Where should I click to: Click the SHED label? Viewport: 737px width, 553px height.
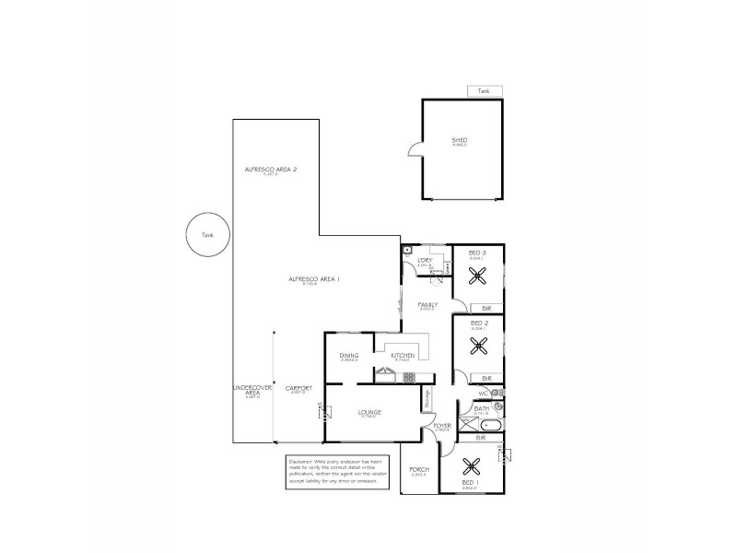coord(460,140)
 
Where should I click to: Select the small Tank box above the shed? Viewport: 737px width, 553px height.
coord(485,91)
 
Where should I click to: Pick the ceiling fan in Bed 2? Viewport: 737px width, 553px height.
coord(479,346)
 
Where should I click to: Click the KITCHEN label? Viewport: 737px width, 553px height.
coord(403,355)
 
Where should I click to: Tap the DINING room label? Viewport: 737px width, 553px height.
coord(349,355)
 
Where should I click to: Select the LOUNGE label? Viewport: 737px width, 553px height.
coord(369,412)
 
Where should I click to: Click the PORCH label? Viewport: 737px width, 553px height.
coord(419,469)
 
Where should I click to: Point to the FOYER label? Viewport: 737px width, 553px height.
coord(442,426)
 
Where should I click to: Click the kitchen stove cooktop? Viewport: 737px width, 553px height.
coord(409,377)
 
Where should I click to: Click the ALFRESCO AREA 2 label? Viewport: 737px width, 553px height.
coord(270,170)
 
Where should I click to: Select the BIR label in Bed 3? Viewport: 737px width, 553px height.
coord(486,307)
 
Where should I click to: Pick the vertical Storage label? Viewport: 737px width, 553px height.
coord(427,399)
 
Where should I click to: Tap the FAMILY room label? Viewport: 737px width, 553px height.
coord(427,304)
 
